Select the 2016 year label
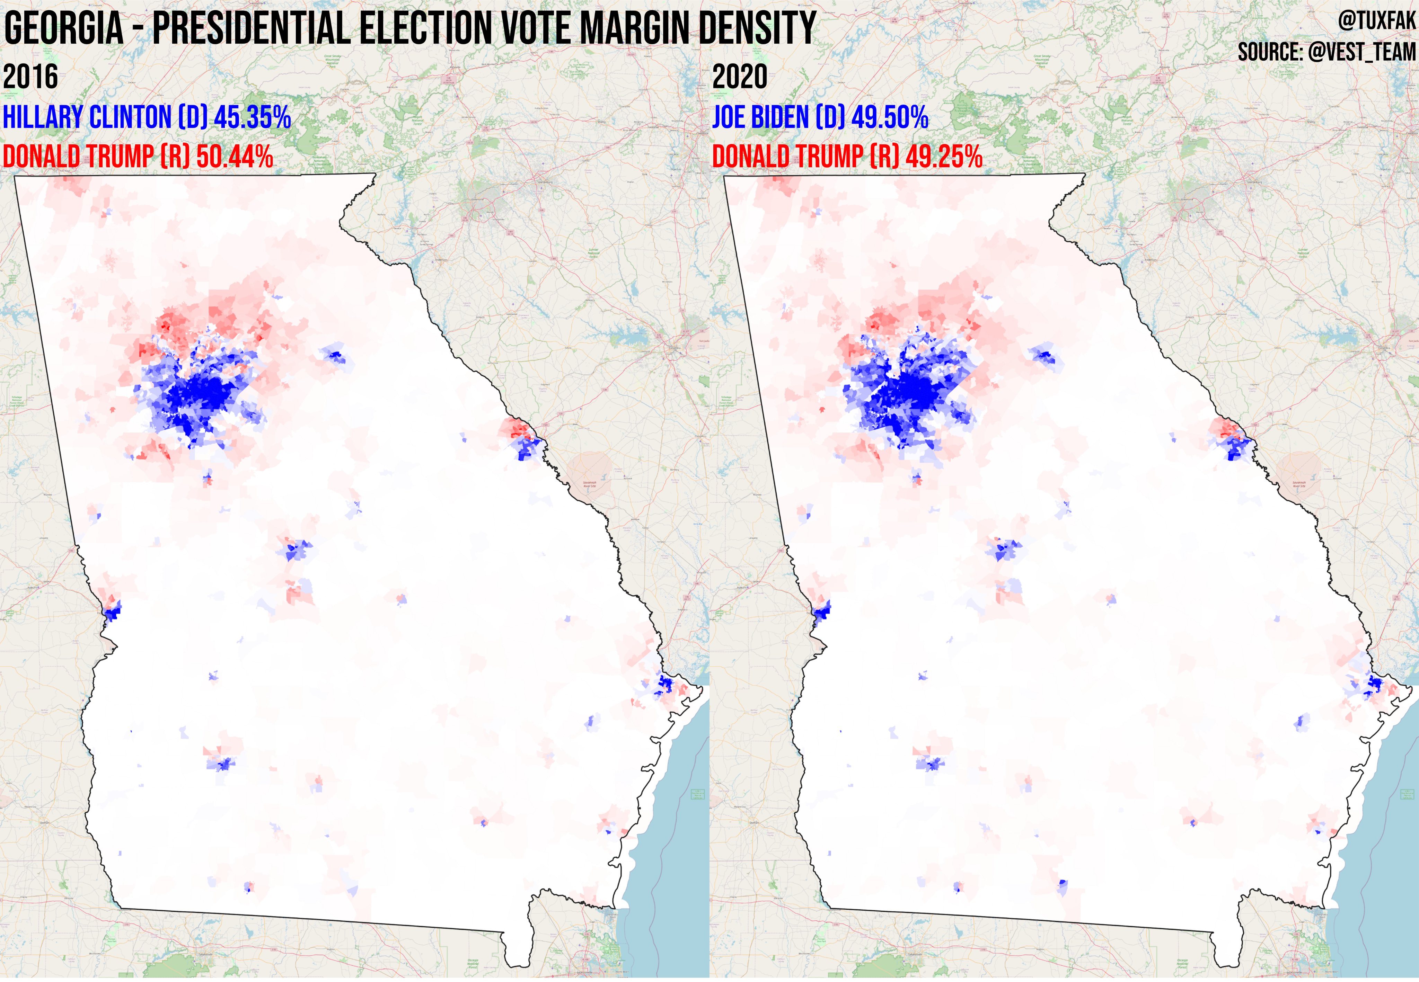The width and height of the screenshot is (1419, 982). tap(31, 77)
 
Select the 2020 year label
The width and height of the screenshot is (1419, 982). tap(740, 77)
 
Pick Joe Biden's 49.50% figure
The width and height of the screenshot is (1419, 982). tap(890, 117)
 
